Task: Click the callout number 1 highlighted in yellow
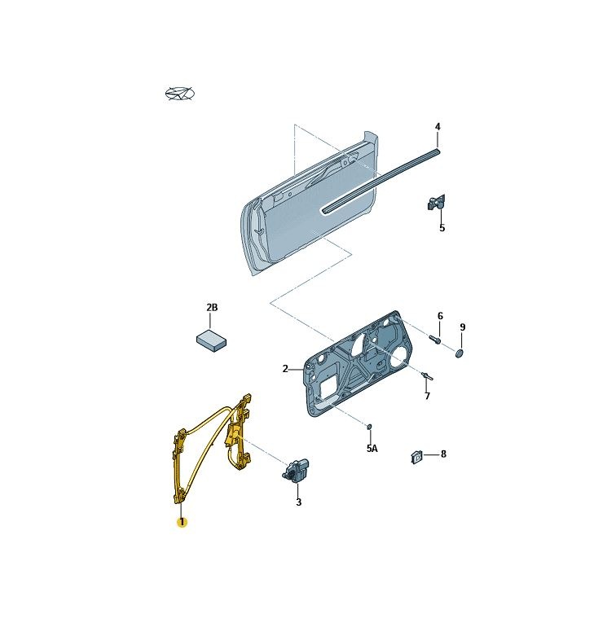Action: tap(182, 522)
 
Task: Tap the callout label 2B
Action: tap(212, 308)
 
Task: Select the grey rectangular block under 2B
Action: tap(212, 340)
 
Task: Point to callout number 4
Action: tap(438, 127)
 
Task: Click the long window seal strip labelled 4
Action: tap(380, 181)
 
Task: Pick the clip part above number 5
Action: tap(436, 203)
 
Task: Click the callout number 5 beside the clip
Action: tap(442, 228)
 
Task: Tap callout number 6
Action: tap(440, 316)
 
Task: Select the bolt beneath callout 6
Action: tap(435, 340)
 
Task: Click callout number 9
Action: tap(463, 327)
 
